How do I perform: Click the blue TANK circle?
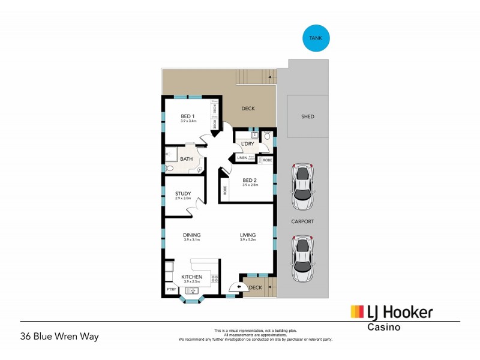coord(315,38)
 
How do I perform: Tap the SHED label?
coord(307,117)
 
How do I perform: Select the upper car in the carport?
coord(302,186)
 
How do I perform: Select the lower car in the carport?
coord(302,258)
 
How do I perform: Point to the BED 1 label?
coord(188,116)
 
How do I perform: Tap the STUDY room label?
coord(183,193)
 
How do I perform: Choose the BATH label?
coord(186,159)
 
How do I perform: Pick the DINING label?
coord(192,235)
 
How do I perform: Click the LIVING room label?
coord(248,235)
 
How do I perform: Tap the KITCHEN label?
coord(192,277)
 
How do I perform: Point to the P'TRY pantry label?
coord(171,290)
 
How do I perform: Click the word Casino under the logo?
coord(384,328)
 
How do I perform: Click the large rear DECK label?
coord(248,109)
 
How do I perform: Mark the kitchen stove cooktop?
coord(214,278)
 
